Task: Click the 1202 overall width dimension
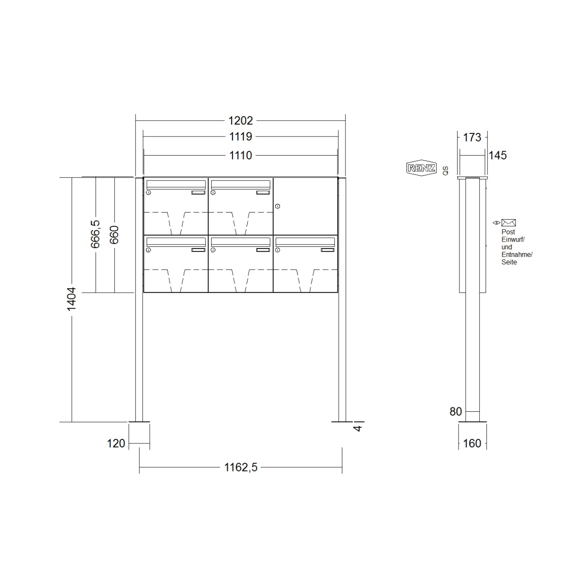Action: point(240,121)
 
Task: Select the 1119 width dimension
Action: point(240,137)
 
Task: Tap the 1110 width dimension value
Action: point(240,155)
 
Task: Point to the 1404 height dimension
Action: point(72,299)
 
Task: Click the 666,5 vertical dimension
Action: point(95,234)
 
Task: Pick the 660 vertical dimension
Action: point(114,235)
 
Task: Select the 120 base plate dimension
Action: point(116,443)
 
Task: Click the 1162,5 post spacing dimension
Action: point(241,467)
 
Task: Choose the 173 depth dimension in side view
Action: point(472,137)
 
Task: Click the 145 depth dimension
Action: point(498,155)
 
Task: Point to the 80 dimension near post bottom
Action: point(456,412)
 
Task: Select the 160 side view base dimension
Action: point(472,443)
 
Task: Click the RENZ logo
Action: point(421,168)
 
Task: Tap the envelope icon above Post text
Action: point(508,223)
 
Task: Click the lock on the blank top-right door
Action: point(277,206)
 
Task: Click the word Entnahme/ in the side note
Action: point(517,255)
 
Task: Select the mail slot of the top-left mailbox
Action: point(176,184)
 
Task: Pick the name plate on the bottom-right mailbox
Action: point(328,250)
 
